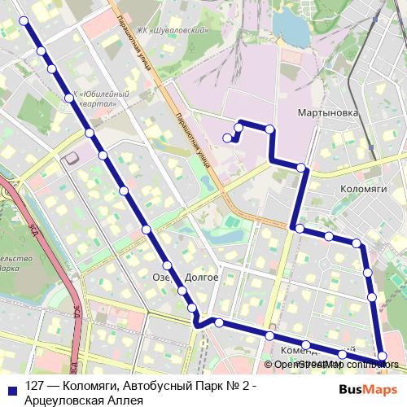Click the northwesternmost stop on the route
tap(24, 20)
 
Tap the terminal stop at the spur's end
tap(227, 138)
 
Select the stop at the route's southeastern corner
tap(383, 356)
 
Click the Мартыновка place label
tap(328, 113)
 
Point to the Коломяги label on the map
tap(363, 188)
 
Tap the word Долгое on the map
tap(202, 277)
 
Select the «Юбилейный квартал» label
tap(101, 98)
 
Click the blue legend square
tap(10, 387)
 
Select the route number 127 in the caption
tap(35, 387)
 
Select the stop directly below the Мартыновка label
tap(302, 168)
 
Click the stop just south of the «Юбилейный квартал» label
tap(90, 133)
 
